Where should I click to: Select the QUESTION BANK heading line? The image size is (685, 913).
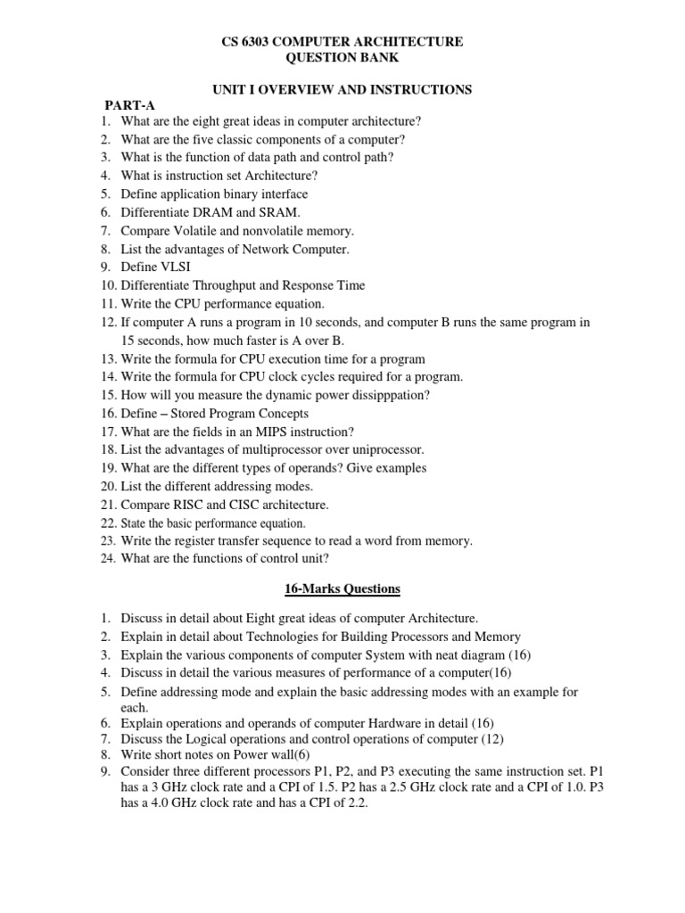[x=342, y=58]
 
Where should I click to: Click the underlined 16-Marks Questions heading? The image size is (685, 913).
[x=342, y=588]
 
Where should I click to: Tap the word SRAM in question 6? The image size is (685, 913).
[x=281, y=212]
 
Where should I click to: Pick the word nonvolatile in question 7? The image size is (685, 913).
[x=270, y=230]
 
